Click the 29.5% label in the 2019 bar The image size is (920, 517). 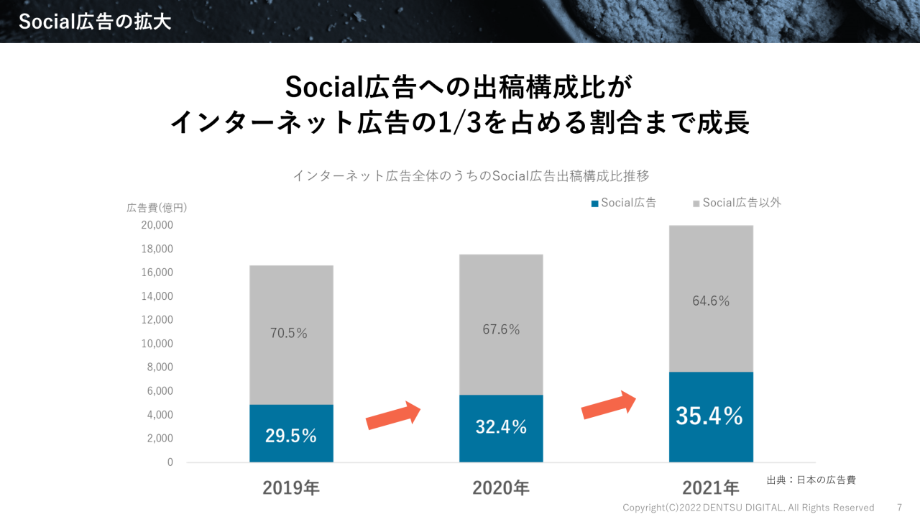pyautogui.click(x=291, y=436)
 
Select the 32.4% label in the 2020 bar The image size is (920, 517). pyautogui.click(x=501, y=427)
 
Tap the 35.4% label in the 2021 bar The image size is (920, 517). pyautogui.click(x=709, y=416)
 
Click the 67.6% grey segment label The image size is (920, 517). pyautogui.click(x=501, y=330)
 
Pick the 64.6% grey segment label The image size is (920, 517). pyautogui.click(x=711, y=301)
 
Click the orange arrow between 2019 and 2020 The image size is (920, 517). pyautogui.click(x=393, y=416)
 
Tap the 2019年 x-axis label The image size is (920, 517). pyautogui.click(x=291, y=488)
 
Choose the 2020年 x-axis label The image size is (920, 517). pyautogui.click(x=501, y=488)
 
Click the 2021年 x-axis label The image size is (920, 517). pyautogui.click(x=711, y=488)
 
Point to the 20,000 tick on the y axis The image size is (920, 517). pyautogui.click(x=157, y=226)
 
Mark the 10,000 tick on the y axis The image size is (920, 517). pyautogui.click(x=157, y=344)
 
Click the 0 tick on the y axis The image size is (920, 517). pyautogui.click(x=170, y=462)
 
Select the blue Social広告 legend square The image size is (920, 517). pyautogui.click(x=594, y=204)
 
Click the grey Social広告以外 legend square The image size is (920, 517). pyautogui.click(x=696, y=204)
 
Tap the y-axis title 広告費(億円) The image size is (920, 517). pyautogui.click(x=157, y=208)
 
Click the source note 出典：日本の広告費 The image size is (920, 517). pyautogui.click(x=811, y=480)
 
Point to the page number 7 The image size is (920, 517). pyautogui.click(x=899, y=508)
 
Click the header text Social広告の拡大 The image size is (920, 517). pyautogui.click(x=95, y=22)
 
